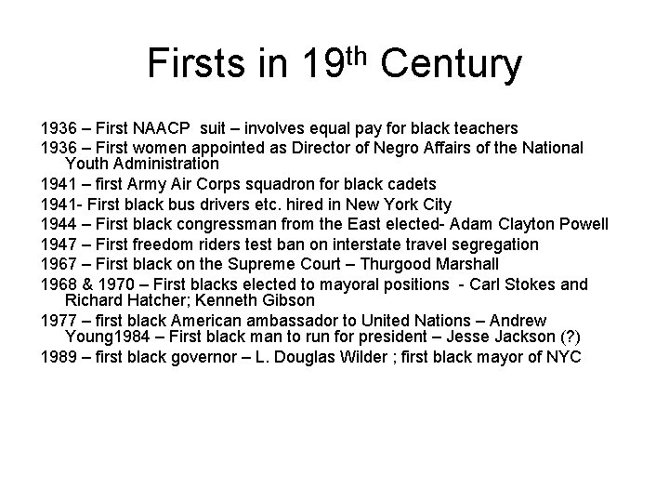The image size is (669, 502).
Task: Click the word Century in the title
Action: [x=451, y=64]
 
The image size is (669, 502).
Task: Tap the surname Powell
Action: [x=582, y=224]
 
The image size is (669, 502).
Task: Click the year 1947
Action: [x=62, y=244]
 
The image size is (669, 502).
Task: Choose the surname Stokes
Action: [x=523, y=284]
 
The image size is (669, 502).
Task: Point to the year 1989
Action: [x=62, y=357]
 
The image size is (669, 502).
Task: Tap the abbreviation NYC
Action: [x=563, y=357]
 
